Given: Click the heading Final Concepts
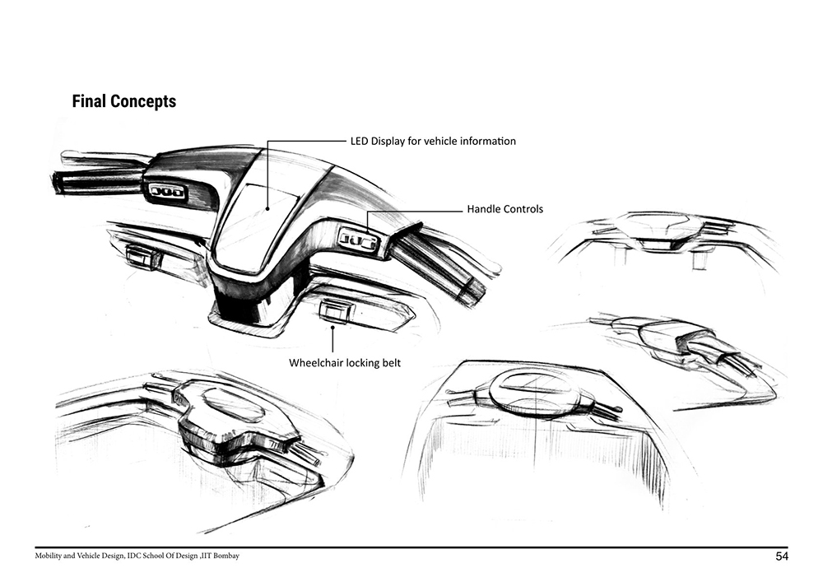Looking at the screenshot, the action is click(x=124, y=100).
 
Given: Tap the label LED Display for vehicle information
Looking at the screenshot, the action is click(x=433, y=141).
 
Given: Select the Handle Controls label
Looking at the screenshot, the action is click(x=505, y=209).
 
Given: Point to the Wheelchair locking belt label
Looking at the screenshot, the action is click(x=345, y=363).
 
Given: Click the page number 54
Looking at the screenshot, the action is click(x=782, y=556).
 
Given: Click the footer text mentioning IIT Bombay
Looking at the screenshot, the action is click(x=137, y=556).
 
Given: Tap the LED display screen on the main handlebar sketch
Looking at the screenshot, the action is click(x=257, y=226).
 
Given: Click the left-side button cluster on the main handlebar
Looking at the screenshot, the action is click(x=168, y=192).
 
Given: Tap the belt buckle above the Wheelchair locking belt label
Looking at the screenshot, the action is click(x=332, y=310).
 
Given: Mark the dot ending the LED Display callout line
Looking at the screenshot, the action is click(x=267, y=209).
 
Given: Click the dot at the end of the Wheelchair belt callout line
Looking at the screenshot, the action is click(x=332, y=327).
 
